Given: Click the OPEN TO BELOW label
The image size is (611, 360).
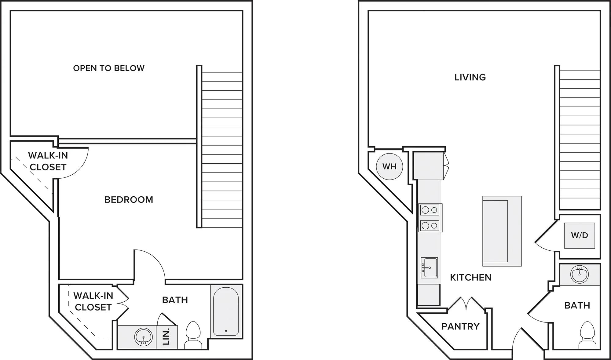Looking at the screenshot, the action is pyautogui.click(x=109, y=68).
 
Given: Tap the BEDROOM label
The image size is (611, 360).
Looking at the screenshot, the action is pyautogui.click(x=129, y=200).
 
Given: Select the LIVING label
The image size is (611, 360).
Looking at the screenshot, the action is pyautogui.click(x=470, y=77).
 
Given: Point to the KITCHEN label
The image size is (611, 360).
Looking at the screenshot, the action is pyautogui.click(x=471, y=277).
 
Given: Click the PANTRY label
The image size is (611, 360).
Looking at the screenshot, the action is pyautogui.click(x=460, y=326).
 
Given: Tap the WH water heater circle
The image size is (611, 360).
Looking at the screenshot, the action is pyautogui.click(x=390, y=166).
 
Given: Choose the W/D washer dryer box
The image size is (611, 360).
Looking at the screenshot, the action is pyautogui.click(x=580, y=235).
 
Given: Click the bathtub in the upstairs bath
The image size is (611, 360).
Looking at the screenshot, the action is pyautogui.click(x=226, y=311).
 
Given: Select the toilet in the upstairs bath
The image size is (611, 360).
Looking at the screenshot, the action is pyautogui.click(x=193, y=335).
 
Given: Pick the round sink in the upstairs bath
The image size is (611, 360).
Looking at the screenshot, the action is pyautogui.click(x=143, y=337).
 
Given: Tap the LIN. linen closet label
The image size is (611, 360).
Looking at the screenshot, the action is pyautogui.click(x=166, y=336).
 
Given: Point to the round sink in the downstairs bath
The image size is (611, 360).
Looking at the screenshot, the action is pyautogui.click(x=580, y=275).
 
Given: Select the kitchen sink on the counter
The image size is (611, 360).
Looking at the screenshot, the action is pyautogui.click(x=429, y=268).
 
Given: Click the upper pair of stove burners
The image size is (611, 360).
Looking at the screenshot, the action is pyautogui.click(x=430, y=210).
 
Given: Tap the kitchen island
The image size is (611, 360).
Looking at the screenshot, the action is pyautogui.click(x=502, y=231).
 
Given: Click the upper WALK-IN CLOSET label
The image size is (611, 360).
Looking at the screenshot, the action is pyautogui.click(x=48, y=161).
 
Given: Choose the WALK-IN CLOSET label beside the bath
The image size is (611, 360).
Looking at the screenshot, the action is pyautogui.click(x=93, y=301).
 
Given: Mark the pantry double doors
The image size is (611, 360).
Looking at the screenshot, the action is pyautogui.click(x=466, y=303).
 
